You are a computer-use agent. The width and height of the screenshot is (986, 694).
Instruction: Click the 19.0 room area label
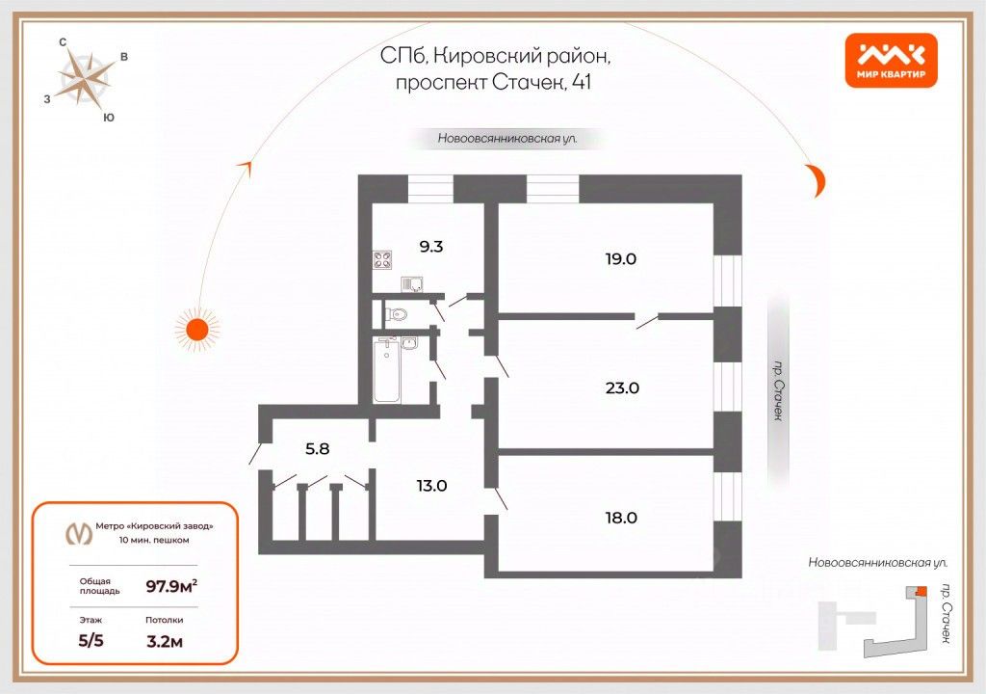pos(621,258)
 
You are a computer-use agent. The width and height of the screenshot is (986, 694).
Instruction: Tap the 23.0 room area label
pos(621,388)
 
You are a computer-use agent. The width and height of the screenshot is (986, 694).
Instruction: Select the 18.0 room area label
pos(621,518)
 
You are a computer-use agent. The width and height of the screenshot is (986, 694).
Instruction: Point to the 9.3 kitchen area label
pos(430,246)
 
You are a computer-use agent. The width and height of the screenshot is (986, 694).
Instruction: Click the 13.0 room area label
pos(430,486)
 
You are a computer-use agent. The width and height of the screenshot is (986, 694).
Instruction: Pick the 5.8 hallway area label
pos(319,447)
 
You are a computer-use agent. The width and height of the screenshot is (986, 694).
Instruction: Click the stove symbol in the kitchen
pos(383,259)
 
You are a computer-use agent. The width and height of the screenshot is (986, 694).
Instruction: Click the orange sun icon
pos(196,329)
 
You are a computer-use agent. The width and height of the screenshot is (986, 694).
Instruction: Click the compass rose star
pos(84,80)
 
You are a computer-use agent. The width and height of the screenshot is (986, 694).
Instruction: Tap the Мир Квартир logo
pos(891,60)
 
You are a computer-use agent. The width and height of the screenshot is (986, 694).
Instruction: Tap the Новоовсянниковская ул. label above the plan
pos(507,139)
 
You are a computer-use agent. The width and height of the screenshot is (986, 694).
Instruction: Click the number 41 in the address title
pos(582,83)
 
